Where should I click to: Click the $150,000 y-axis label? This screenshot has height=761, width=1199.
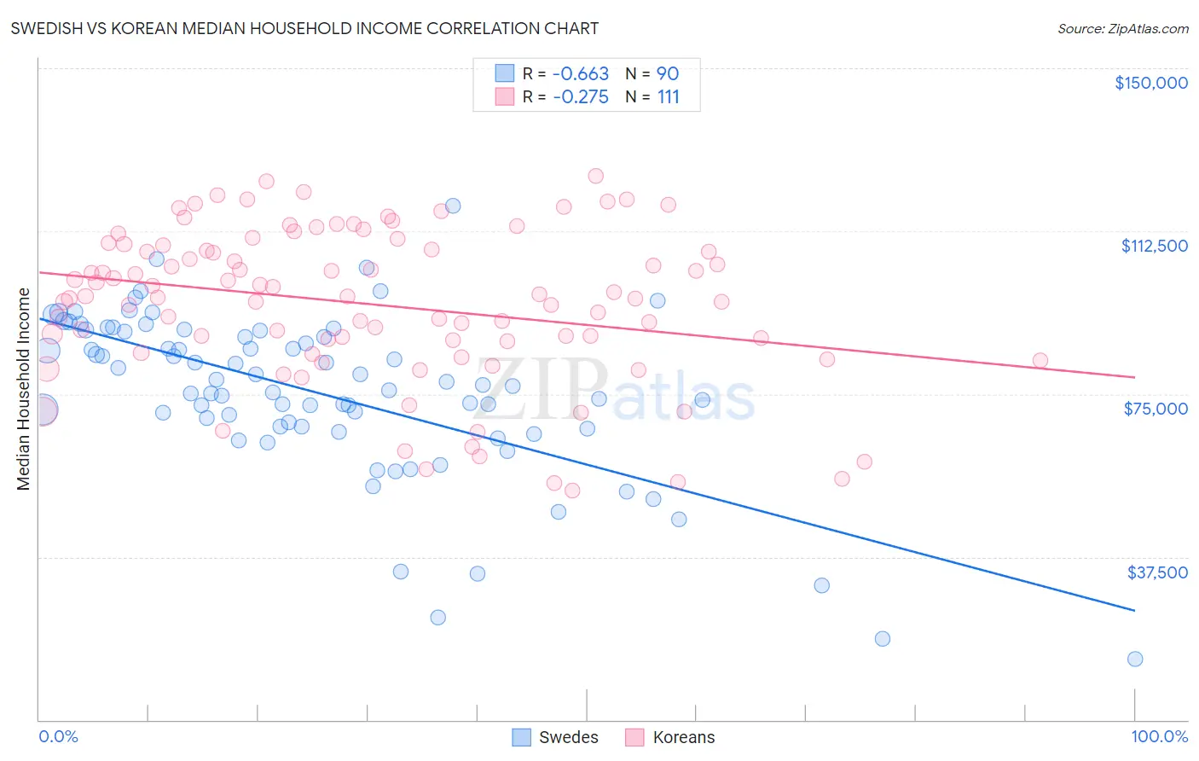click(1150, 83)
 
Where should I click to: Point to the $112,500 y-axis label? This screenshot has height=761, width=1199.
click(1154, 246)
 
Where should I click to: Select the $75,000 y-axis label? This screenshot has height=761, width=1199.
click(1156, 409)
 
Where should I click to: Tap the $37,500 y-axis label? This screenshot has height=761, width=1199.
click(1157, 572)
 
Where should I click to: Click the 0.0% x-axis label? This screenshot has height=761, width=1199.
click(58, 736)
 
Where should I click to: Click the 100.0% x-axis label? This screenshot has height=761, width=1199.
click(1159, 736)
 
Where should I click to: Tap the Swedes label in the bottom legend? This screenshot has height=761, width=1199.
click(568, 737)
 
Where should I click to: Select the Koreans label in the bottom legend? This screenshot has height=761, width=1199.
click(683, 737)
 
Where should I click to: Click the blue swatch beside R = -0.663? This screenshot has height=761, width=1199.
click(505, 73)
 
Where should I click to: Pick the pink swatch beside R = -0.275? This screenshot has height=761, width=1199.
click(505, 96)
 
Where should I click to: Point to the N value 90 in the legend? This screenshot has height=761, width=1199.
click(668, 73)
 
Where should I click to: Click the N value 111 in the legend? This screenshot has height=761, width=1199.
click(669, 96)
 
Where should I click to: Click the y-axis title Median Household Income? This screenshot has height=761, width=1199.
click(24, 389)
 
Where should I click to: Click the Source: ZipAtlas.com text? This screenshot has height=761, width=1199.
click(1122, 28)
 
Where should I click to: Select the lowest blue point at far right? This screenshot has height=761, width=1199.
click(1135, 659)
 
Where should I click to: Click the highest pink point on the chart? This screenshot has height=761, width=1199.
click(596, 176)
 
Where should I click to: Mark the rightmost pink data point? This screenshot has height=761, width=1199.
click(1040, 360)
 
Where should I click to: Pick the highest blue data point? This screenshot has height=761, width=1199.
click(453, 206)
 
